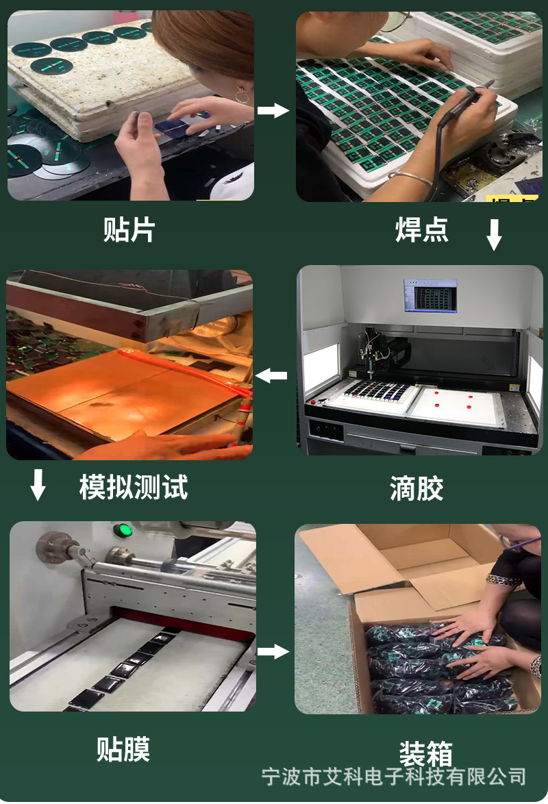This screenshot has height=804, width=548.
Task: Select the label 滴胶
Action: pyautogui.click(x=416, y=489)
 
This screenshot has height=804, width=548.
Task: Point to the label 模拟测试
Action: pyautogui.click(x=134, y=488)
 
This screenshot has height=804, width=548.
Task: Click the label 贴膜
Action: pyautogui.click(x=123, y=749)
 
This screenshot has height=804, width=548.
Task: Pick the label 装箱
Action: pyautogui.click(x=426, y=754)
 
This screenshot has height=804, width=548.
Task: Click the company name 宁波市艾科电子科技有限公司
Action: pyautogui.click(x=395, y=777)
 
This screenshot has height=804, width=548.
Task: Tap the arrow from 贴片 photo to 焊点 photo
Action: pyautogui.click(x=273, y=110)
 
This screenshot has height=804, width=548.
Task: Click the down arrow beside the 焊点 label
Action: pyautogui.click(x=494, y=235)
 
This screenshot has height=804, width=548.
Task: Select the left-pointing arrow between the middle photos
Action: pyautogui.click(x=272, y=375)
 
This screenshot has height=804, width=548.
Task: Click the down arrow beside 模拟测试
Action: pyautogui.click(x=38, y=485)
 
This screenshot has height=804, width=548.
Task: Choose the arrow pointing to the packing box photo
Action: pyautogui.click(x=273, y=651)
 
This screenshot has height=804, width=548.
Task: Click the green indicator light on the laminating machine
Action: pyautogui.click(x=123, y=531)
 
